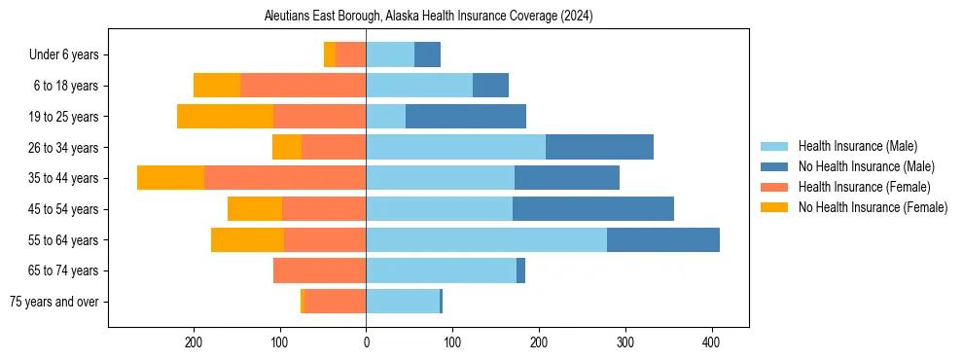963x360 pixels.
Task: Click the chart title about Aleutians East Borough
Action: (428, 17)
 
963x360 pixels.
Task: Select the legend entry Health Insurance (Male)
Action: (857, 146)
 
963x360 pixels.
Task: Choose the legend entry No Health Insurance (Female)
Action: (873, 207)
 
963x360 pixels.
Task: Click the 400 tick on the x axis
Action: (711, 342)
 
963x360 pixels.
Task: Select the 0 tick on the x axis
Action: (366, 342)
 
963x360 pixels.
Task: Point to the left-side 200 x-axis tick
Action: (194, 342)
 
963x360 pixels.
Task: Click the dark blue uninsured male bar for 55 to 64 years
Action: (663, 240)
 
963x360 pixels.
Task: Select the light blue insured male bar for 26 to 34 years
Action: (455, 148)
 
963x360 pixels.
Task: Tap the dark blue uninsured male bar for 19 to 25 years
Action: (466, 117)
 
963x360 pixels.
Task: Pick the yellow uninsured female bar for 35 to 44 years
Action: (170, 178)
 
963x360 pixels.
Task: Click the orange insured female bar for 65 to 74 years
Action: (319, 270)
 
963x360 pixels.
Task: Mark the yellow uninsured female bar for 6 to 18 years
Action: (217, 86)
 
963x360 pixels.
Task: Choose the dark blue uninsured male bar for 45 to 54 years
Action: (593, 209)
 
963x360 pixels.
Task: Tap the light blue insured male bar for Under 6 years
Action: (390, 55)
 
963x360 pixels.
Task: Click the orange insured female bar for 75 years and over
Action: (335, 302)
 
